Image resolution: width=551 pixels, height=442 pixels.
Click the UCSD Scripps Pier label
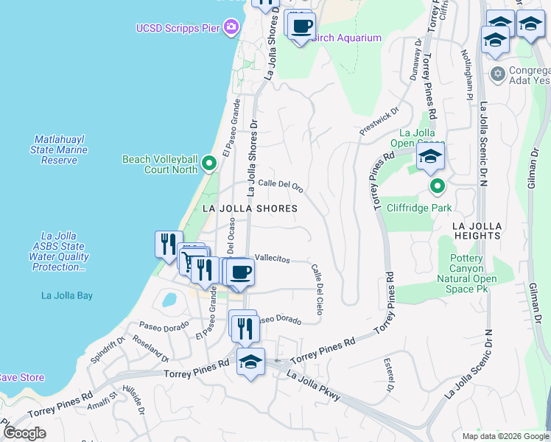pyautogui.click(x=178, y=28)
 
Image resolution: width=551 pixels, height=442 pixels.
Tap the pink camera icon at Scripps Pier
pyautogui.click(x=232, y=28)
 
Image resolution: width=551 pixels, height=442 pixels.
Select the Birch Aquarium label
pyautogui.click(x=346, y=38)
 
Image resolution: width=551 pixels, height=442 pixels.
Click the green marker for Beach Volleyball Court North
pyautogui.click(x=209, y=164)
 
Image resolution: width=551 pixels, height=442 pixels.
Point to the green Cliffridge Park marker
pyautogui.click(x=437, y=186)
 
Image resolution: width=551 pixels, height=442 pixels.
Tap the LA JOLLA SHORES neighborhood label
pyautogui.click(x=250, y=208)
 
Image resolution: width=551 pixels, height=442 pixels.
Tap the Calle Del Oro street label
pyautogui.click(x=280, y=185)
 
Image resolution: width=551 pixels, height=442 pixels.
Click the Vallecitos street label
pyautogui.click(x=272, y=259)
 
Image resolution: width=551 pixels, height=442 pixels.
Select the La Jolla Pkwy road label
pyautogui.click(x=313, y=387)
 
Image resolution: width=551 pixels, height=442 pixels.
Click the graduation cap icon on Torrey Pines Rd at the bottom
pyautogui.click(x=250, y=362)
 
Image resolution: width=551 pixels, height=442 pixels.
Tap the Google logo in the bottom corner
pyautogui.click(x=24, y=433)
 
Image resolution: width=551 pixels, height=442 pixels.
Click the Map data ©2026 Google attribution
pyautogui.click(x=505, y=436)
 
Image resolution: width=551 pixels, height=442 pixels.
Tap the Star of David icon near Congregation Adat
pyautogui.click(x=498, y=74)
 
